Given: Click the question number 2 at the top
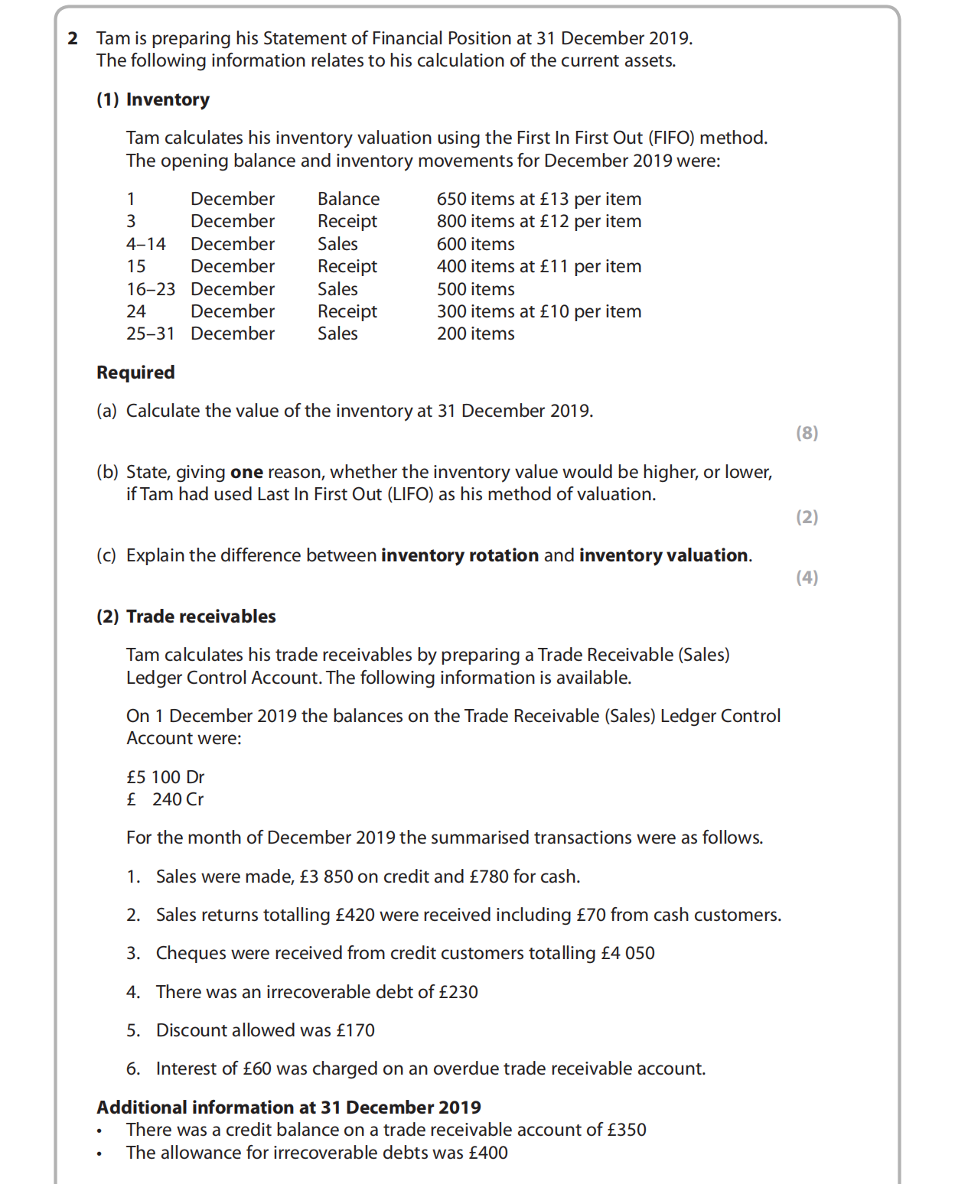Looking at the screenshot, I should point(73,38).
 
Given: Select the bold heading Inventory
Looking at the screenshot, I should point(168,99).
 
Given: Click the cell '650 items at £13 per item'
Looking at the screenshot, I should point(539,199).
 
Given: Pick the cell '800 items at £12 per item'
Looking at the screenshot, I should point(539,221).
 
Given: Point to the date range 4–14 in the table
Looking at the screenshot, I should point(146,244).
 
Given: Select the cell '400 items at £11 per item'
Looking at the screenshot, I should point(539,266).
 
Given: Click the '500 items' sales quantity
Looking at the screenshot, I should point(475,289).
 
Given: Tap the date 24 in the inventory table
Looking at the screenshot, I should point(136,311).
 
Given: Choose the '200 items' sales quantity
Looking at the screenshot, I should point(475,333).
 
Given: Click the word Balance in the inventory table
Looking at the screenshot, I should point(348,199).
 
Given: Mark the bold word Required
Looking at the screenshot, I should point(135,372).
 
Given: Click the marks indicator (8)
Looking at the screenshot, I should point(807,433).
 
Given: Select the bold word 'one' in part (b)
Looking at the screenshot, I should point(246,472).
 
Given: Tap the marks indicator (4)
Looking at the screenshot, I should point(807,577).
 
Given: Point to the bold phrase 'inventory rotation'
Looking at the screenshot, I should point(460,555).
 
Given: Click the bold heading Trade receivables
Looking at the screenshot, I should point(200,616).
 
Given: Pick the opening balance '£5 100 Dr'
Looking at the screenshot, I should point(165,777).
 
